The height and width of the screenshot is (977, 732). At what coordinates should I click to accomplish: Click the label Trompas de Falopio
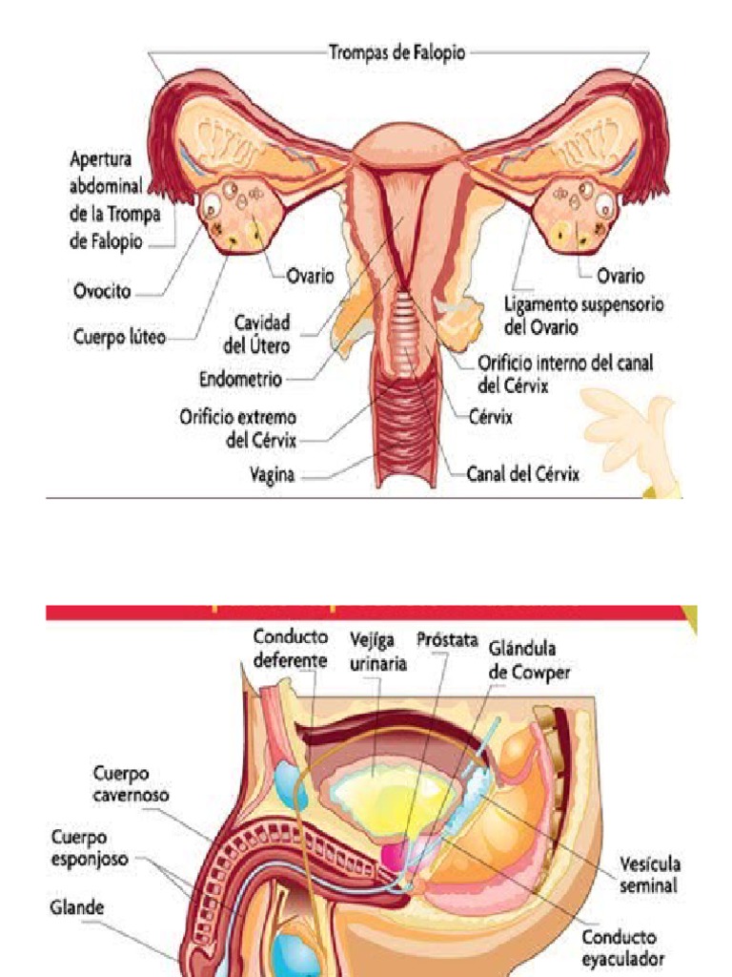pyautogui.click(x=397, y=52)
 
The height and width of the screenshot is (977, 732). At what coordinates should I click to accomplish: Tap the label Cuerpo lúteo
pyautogui.click(x=119, y=336)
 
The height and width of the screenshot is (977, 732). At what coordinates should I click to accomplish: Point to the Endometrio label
pyautogui.click(x=240, y=379)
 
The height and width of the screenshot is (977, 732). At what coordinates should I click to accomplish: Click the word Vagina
pyautogui.click(x=272, y=473)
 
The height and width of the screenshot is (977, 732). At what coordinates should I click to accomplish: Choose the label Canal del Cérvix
pyautogui.click(x=522, y=473)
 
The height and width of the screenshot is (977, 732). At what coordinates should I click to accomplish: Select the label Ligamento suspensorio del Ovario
pyautogui.click(x=583, y=314)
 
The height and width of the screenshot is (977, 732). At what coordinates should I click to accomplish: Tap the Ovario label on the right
pyautogui.click(x=620, y=276)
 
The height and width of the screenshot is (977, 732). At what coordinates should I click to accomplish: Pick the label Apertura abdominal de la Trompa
pyautogui.click(x=115, y=199)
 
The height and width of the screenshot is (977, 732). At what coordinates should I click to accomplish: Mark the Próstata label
pyautogui.click(x=447, y=639)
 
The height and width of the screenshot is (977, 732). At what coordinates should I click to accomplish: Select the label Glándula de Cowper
pyautogui.click(x=529, y=659)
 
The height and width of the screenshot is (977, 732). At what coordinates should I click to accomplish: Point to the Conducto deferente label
pyautogui.click(x=291, y=647)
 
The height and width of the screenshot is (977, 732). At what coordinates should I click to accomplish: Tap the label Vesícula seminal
pyautogui.click(x=650, y=874)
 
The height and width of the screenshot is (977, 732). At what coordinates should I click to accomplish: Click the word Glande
pyautogui.click(x=77, y=907)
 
